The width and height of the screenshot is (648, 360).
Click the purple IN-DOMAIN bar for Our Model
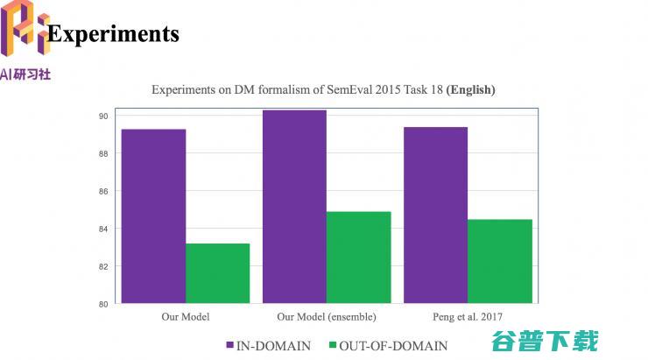coord(153,216)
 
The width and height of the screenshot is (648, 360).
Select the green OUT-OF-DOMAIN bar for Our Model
coord(217,273)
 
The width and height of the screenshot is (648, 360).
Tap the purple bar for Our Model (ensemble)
coord(294,207)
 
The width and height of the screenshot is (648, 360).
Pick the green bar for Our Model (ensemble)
coord(358,258)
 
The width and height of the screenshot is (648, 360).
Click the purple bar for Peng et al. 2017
coord(435,215)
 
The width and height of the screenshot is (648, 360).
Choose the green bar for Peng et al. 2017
coord(500,261)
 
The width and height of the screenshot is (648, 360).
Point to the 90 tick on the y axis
coord(102,116)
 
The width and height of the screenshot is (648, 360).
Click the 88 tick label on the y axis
coord(102,153)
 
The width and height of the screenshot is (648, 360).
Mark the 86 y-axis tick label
coord(102,191)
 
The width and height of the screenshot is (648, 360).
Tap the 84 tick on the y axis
coord(102,229)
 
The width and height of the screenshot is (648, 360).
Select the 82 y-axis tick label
coord(102,266)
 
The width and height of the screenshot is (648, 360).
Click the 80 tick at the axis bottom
coord(102,304)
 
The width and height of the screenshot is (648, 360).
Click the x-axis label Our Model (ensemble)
coord(327,316)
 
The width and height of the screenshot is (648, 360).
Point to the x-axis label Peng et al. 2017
coord(468,316)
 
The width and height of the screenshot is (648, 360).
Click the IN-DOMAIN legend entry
coord(267,345)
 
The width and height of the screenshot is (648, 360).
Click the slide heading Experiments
coord(113,33)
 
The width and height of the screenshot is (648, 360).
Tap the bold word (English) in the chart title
coord(470,89)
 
